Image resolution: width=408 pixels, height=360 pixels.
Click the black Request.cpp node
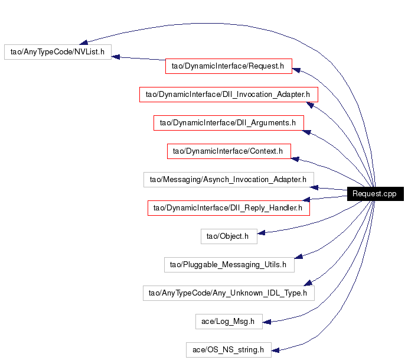tap(375, 194)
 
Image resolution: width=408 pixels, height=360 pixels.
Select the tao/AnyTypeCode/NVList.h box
tap(58, 52)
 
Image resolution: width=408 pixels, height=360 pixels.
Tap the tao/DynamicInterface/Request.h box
tap(229, 66)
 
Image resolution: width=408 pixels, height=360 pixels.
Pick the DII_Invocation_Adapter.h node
tap(229, 95)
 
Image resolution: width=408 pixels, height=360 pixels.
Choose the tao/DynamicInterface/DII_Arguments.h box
tap(229, 123)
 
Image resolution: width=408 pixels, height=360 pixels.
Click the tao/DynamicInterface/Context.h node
tap(229, 151)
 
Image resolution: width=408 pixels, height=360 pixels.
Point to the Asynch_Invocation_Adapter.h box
tap(229, 180)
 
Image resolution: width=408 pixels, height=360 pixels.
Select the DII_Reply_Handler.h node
tap(229, 208)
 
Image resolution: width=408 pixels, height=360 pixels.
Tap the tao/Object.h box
tap(229, 236)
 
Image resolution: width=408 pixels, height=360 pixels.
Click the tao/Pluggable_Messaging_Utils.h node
tap(229, 265)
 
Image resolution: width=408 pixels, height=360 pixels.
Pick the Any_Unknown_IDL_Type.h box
tap(229, 293)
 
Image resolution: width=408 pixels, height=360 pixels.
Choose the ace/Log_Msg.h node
tap(229, 322)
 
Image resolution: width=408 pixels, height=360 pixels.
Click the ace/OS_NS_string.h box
tap(229, 350)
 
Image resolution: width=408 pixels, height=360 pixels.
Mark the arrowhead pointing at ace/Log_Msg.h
tap(267, 322)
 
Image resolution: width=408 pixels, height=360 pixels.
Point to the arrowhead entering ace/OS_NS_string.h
tap(276, 351)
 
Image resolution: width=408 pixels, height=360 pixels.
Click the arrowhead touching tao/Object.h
tap(261, 233)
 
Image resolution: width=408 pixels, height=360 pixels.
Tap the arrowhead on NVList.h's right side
tap(116, 57)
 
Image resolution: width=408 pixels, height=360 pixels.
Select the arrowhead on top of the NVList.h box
tap(83, 42)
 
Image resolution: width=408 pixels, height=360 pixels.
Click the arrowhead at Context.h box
tap(295, 159)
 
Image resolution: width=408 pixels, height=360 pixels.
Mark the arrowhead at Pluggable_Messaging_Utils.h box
tap(298, 257)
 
